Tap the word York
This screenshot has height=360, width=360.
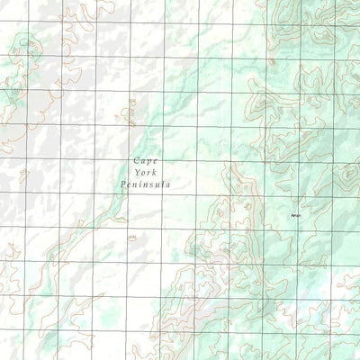(x=144, y=172)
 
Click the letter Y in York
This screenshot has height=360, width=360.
(x=135, y=172)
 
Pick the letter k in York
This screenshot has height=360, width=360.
(x=153, y=172)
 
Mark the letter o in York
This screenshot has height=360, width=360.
(x=141, y=172)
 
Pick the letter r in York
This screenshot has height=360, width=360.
(x=148, y=172)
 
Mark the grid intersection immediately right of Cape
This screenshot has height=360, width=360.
(x=159, y=158)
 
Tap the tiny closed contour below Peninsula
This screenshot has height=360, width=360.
(x=132, y=237)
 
